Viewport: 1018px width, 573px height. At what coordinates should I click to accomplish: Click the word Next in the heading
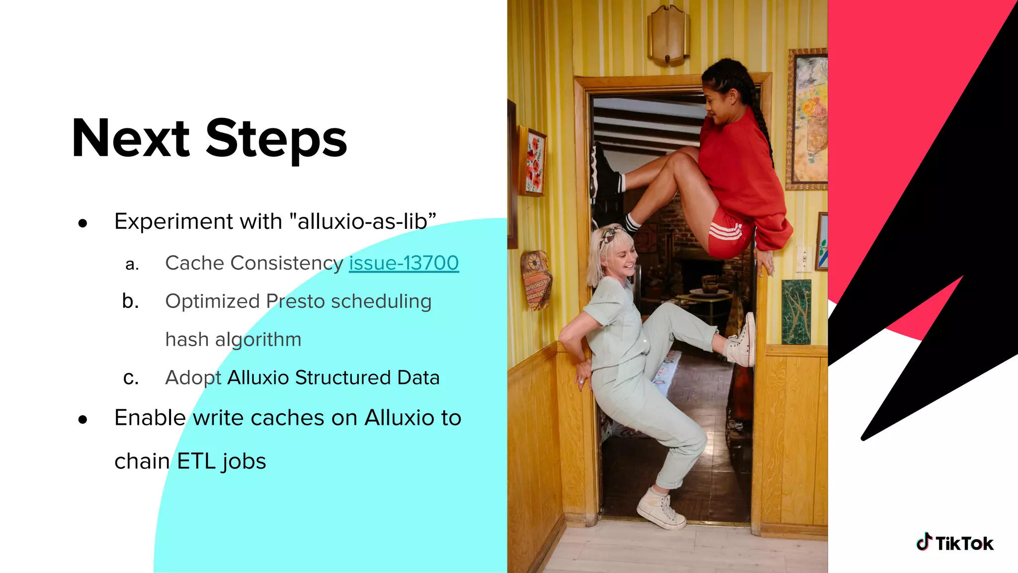click(x=131, y=139)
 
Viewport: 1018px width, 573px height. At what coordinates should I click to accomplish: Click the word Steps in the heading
click(x=276, y=140)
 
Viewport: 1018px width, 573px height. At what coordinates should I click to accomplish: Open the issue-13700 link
click(x=404, y=263)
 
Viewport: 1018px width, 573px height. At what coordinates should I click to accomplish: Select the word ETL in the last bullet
click(x=196, y=461)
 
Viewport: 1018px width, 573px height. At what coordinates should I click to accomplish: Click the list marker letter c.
click(x=131, y=378)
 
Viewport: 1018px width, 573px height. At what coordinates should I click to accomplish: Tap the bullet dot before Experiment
click(x=83, y=223)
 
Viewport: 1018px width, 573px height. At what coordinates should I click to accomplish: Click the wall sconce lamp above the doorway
click(x=668, y=35)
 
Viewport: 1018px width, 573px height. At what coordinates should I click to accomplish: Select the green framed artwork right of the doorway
click(x=796, y=311)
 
